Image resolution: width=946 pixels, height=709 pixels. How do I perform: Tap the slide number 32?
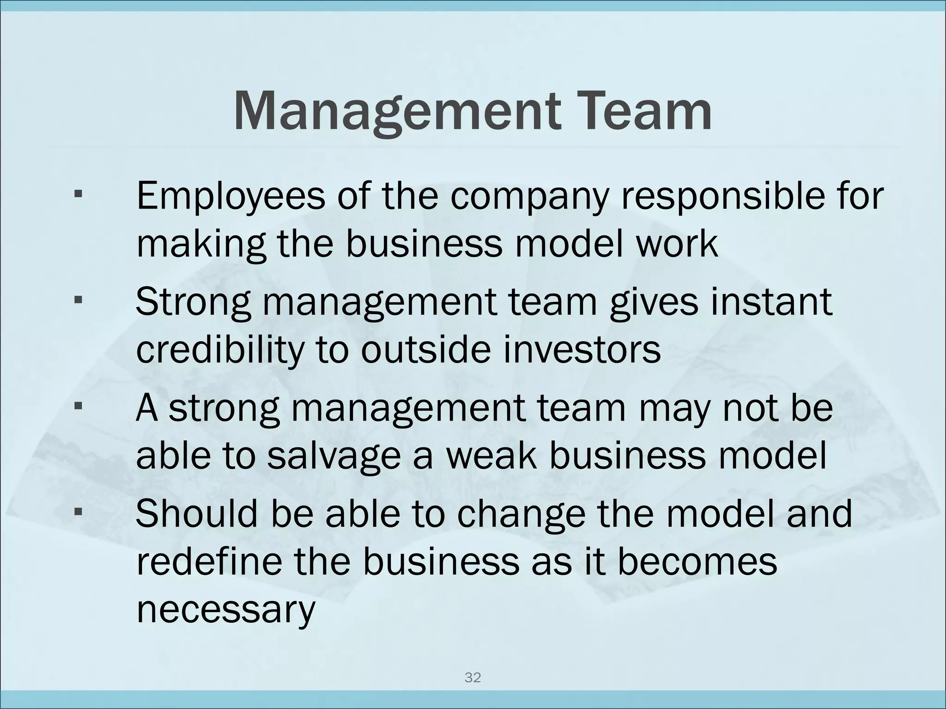point(473,678)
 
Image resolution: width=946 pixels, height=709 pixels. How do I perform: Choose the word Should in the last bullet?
point(196,514)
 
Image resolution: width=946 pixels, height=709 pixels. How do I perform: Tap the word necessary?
point(225,609)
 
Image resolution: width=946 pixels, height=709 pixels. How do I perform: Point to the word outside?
point(425,350)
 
